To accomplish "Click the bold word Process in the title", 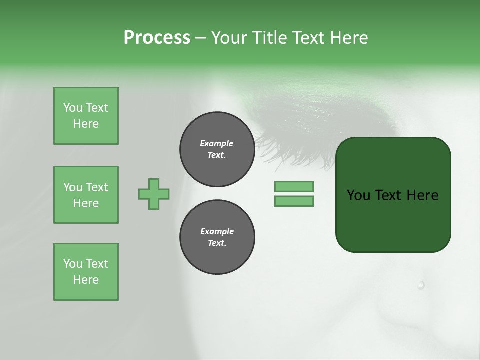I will pos(157,38).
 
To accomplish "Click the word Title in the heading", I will pos(268,38).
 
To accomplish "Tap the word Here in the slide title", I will pos(348,38).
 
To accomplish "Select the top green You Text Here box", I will pos(86,116).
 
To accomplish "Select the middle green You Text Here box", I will pos(86,195).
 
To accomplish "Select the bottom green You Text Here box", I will pos(86,272).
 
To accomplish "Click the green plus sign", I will pos(154,194).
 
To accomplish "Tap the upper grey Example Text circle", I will pos(217,149).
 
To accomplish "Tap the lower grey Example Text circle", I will pos(217,237).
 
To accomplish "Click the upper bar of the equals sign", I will pos(294,187).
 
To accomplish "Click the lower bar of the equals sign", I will pos(294,201).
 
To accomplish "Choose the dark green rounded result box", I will pos(393,220).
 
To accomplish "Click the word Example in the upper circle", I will pos(217,143).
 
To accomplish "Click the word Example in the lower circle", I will pos(217,231).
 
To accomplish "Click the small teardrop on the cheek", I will pos(421,285).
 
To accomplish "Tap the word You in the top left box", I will pos(72,108).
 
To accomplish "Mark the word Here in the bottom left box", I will pos(86,280).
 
